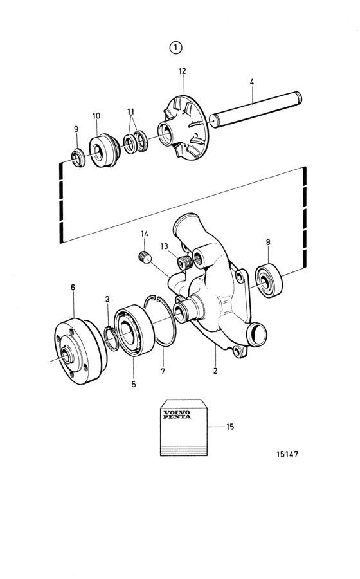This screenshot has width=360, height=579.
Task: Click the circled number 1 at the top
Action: [175, 48]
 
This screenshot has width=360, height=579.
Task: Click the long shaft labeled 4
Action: [256, 109]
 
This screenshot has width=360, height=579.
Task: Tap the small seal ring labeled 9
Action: [78, 157]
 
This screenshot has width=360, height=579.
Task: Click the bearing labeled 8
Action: [269, 280]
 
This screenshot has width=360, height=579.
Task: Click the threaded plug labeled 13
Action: [184, 262]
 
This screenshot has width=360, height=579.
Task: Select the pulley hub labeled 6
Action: [80, 351]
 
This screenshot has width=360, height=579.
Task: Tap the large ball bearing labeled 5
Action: [134, 330]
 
